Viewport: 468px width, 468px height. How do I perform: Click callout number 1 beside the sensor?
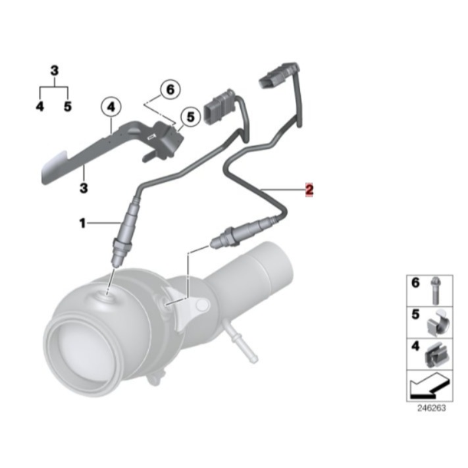[83, 224]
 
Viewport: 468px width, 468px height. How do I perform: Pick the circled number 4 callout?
[111, 105]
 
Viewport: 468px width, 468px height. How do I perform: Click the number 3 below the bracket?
[84, 188]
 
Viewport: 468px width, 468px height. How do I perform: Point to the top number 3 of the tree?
[54, 69]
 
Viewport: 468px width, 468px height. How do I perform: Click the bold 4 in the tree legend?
[40, 105]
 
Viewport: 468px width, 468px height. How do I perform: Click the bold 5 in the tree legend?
[67, 105]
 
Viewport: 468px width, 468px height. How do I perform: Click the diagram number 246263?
[431, 408]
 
